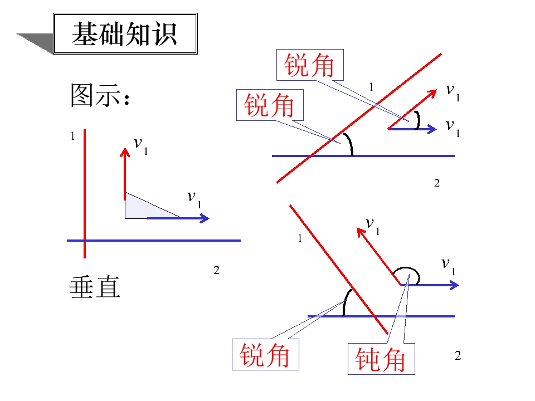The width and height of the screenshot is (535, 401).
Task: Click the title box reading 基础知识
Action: point(125,33)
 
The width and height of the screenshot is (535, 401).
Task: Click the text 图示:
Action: point(100,95)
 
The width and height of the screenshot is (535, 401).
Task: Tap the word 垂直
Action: point(95,287)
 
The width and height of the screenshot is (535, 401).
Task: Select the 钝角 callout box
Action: point(381,359)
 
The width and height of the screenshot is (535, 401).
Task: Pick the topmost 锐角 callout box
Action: point(310,65)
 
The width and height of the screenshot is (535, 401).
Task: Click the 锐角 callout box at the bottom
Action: point(265,354)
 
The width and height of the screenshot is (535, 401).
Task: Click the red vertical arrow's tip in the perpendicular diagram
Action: point(125,148)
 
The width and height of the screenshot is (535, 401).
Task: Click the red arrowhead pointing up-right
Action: point(434,92)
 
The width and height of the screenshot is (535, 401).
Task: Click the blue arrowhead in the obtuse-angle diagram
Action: point(455,285)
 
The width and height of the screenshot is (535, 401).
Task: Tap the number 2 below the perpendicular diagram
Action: point(216,271)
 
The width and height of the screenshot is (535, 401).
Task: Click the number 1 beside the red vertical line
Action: point(72,136)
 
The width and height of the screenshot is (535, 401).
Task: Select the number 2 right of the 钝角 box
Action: point(458,356)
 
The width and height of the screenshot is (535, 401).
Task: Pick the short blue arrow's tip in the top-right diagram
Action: point(436,129)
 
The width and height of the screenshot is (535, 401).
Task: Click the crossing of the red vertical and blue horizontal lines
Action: point(85,241)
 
